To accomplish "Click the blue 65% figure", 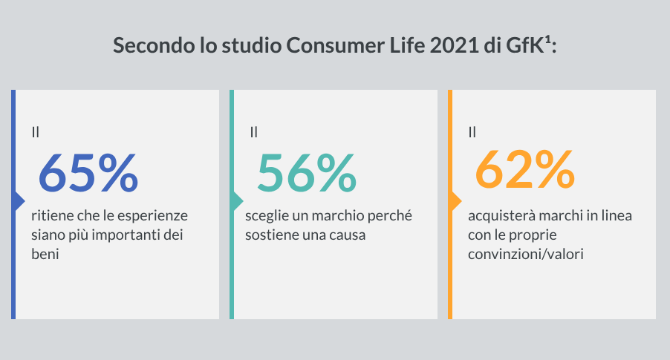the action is (x=88, y=173).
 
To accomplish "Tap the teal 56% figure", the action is (x=307, y=173).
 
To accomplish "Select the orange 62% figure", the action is (x=525, y=169).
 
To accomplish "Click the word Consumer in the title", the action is (x=336, y=45).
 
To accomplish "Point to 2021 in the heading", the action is (x=455, y=45).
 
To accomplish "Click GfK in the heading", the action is (x=524, y=45).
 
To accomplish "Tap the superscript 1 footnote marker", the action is (x=547, y=41).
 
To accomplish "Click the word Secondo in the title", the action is (x=154, y=45).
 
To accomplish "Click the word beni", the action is (x=45, y=254).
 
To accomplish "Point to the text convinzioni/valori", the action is (x=526, y=255).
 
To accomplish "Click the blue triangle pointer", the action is (x=20, y=201).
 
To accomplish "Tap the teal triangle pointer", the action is (x=238, y=201).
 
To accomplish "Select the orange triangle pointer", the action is (x=457, y=201).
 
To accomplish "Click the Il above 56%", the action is (x=254, y=132).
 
